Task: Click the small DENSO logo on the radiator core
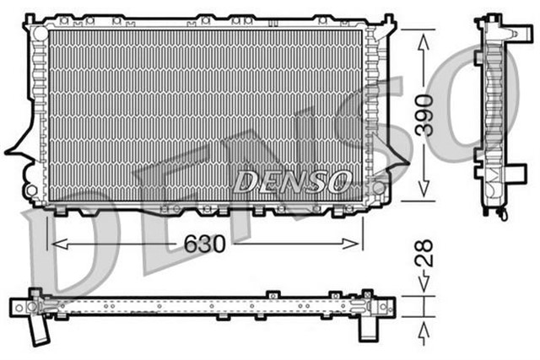[x=291, y=179]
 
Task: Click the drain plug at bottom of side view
[x=504, y=214]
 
